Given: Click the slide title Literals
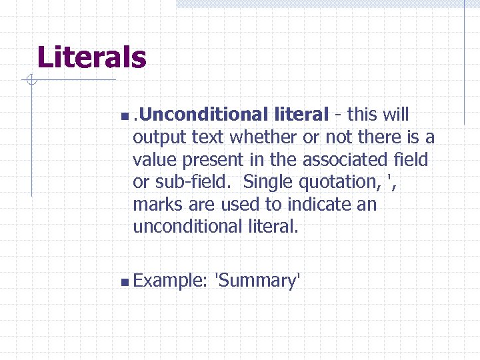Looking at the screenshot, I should coord(91,57).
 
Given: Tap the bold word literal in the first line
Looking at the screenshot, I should coord(299,115).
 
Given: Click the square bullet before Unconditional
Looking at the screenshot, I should coord(126,116).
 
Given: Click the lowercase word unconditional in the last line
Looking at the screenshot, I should coord(183,227).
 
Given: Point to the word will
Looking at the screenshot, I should coord(396,115).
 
